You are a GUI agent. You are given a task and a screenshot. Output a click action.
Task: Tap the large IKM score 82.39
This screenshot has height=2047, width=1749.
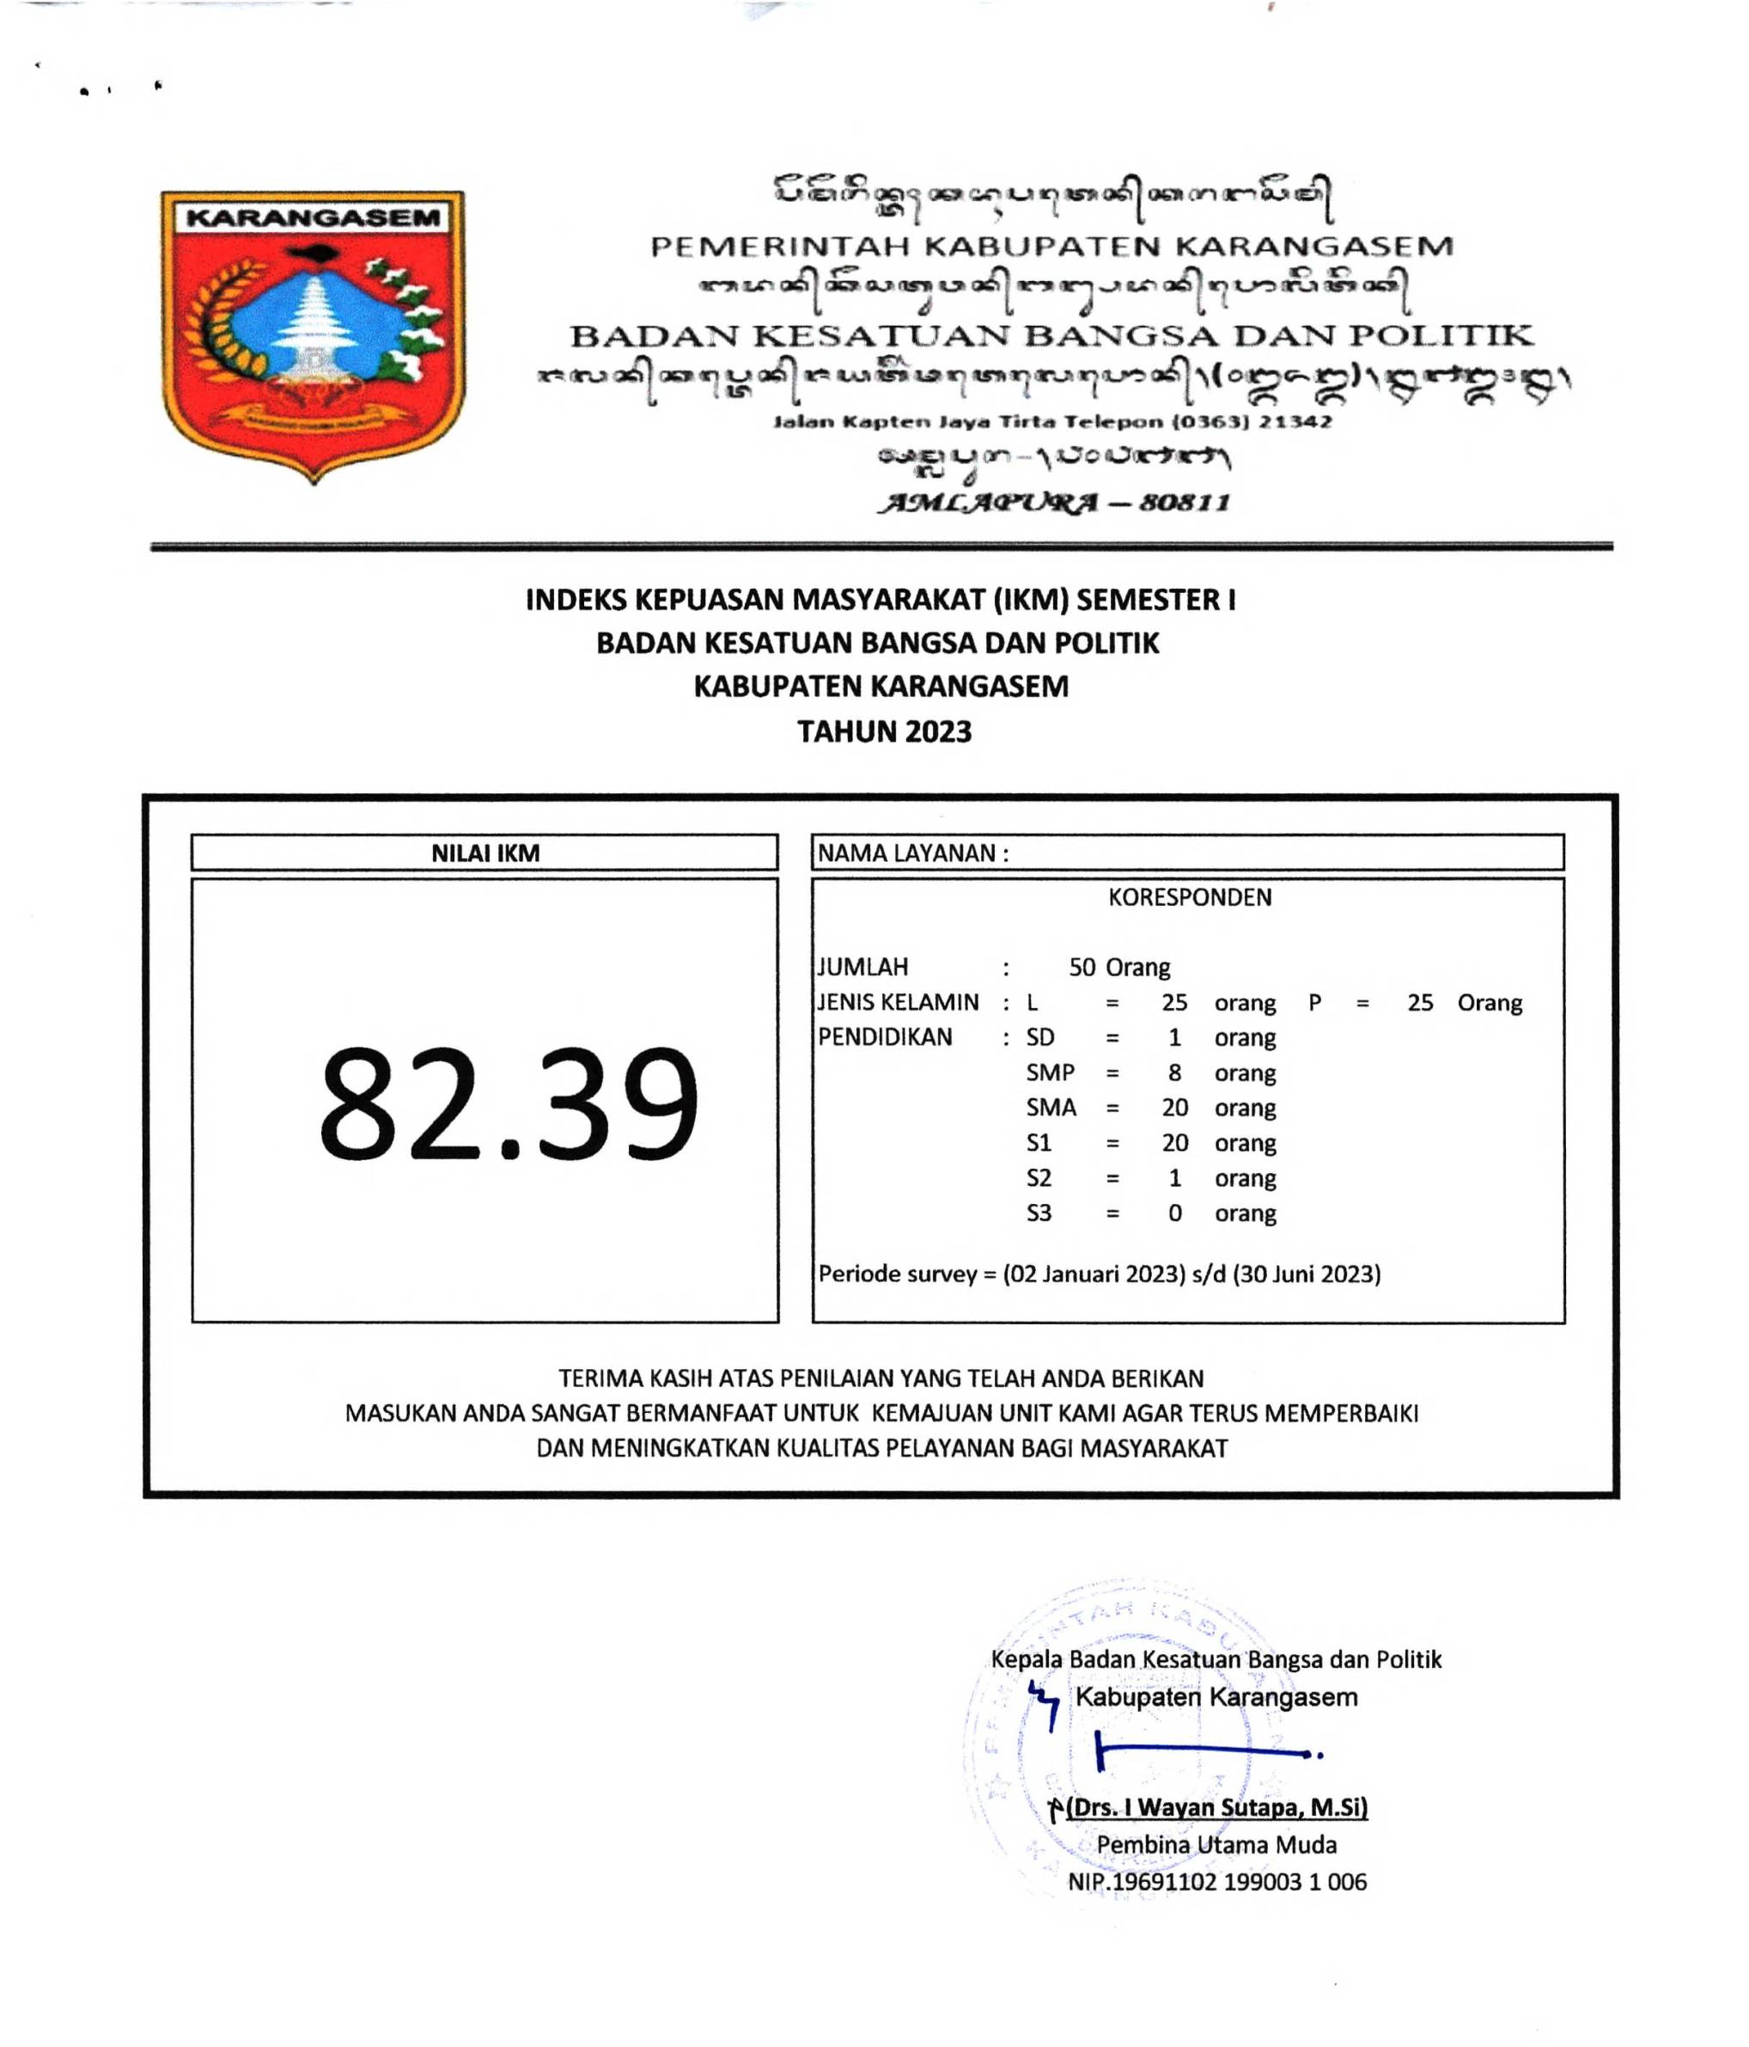508,1103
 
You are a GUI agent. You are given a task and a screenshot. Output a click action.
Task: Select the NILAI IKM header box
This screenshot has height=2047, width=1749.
484,852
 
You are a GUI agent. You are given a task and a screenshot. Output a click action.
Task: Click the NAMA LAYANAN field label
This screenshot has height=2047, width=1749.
912,852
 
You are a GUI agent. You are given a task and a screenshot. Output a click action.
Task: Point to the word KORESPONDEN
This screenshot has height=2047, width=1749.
1189,897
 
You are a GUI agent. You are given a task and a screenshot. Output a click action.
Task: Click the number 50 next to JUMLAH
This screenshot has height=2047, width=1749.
1082,967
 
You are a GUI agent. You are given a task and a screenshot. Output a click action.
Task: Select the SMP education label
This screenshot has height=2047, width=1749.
1050,1072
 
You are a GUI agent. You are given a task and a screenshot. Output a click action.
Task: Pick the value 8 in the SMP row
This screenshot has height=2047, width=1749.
1174,1072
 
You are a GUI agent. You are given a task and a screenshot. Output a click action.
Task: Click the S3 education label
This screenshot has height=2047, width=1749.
1038,1213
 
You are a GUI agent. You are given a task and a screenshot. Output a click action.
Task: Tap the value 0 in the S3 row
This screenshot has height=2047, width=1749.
1174,1213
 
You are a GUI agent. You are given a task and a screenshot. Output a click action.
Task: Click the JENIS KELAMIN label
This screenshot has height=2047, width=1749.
898,1003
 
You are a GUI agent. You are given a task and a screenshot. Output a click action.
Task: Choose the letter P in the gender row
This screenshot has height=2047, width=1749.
1314,1003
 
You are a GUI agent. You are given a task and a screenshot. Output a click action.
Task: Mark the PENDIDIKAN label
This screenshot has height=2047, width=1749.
885,1037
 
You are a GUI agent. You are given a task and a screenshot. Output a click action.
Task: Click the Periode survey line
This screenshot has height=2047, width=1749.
1098,1274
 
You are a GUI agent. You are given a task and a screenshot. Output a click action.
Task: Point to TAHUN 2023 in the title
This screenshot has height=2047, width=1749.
884,731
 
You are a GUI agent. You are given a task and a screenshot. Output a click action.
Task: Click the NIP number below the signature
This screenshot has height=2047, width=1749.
1216,1882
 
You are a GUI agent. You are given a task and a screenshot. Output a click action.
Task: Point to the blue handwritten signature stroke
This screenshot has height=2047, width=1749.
1205,1751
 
